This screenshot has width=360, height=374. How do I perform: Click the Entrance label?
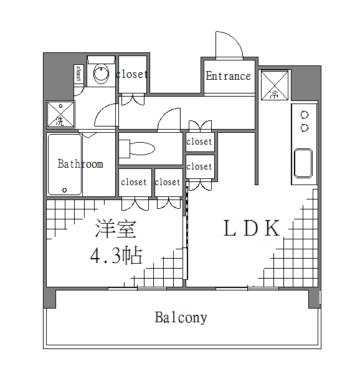(x=228, y=76)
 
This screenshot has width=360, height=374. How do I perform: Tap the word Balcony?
(x=181, y=317)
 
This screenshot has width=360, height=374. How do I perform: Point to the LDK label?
(x=251, y=229)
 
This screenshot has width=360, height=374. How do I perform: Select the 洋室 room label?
(x=116, y=229)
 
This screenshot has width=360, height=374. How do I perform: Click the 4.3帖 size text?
(x=116, y=255)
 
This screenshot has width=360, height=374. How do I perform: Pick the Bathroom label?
(x=80, y=164)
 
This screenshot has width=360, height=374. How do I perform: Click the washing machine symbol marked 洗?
(x=60, y=115)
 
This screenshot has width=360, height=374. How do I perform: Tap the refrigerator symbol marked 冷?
(x=275, y=85)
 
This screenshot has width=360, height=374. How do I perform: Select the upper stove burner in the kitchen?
(x=305, y=115)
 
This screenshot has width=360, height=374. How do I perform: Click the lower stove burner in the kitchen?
(x=305, y=128)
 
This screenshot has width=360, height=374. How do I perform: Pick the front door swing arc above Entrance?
(x=229, y=44)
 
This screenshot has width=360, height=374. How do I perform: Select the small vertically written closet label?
(x=78, y=74)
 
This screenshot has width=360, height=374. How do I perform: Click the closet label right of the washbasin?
(x=132, y=74)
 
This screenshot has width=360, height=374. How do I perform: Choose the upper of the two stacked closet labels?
(x=199, y=141)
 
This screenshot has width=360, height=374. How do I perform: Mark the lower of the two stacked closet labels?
(x=199, y=166)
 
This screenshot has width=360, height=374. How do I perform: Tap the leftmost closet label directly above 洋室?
(x=134, y=182)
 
